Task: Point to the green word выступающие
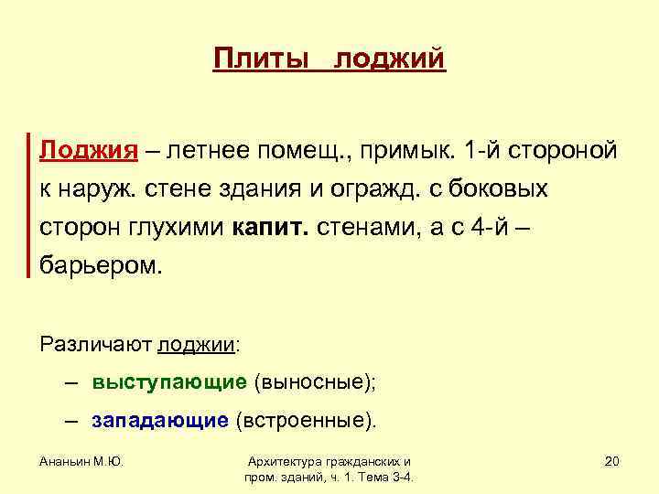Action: pos(169,382)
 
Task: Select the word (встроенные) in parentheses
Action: pos(305,421)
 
